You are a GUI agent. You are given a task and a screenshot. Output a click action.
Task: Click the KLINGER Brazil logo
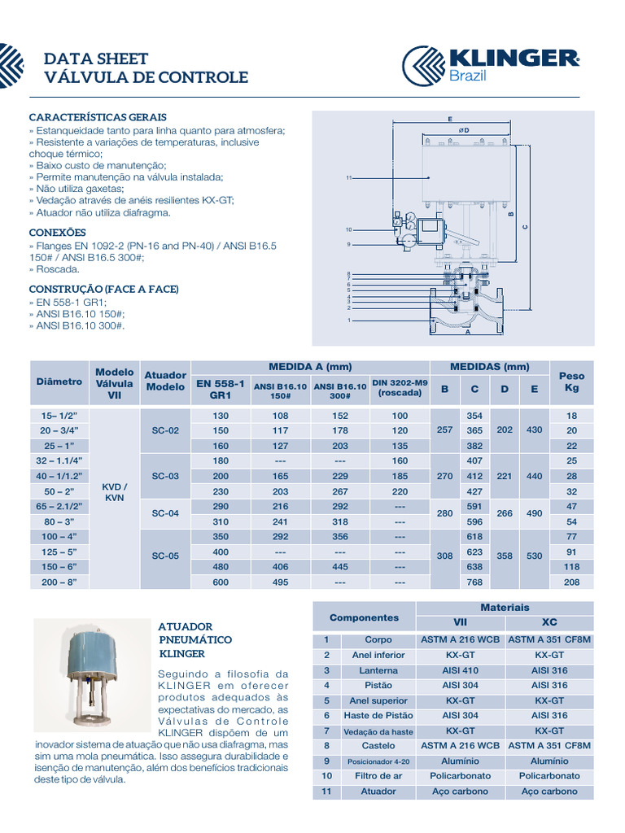(x=491, y=65)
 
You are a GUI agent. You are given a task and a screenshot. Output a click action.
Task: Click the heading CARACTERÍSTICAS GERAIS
(x=98, y=117)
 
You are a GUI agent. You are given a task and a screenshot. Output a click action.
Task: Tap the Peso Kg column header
(x=571, y=382)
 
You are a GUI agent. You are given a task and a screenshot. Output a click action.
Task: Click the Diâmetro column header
(x=59, y=381)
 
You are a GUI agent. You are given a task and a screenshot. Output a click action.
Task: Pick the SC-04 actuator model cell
(x=165, y=512)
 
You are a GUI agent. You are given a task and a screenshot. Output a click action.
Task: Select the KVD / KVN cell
(x=114, y=491)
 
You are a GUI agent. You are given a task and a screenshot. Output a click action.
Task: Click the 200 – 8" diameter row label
(x=59, y=582)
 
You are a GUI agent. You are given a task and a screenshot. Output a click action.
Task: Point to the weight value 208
(x=571, y=582)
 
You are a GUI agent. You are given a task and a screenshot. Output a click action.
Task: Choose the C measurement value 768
(x=474, y=582)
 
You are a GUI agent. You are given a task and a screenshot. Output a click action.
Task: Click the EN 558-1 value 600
(x=221, y=582)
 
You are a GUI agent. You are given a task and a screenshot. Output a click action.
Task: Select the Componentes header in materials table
(x=364, y=617)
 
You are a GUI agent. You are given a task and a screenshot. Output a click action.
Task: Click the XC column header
(x=549, y=622)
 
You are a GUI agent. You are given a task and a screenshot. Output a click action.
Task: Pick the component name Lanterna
(x=378, y=670)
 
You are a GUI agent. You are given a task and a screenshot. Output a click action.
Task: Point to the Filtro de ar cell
(x=378, y=776)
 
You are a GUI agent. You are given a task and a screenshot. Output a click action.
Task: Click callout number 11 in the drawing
(x=348, y=177)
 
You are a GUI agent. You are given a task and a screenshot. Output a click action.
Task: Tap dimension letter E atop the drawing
(x=449, y=119)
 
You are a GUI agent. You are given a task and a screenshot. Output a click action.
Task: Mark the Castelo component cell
(x=378, y=745)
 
